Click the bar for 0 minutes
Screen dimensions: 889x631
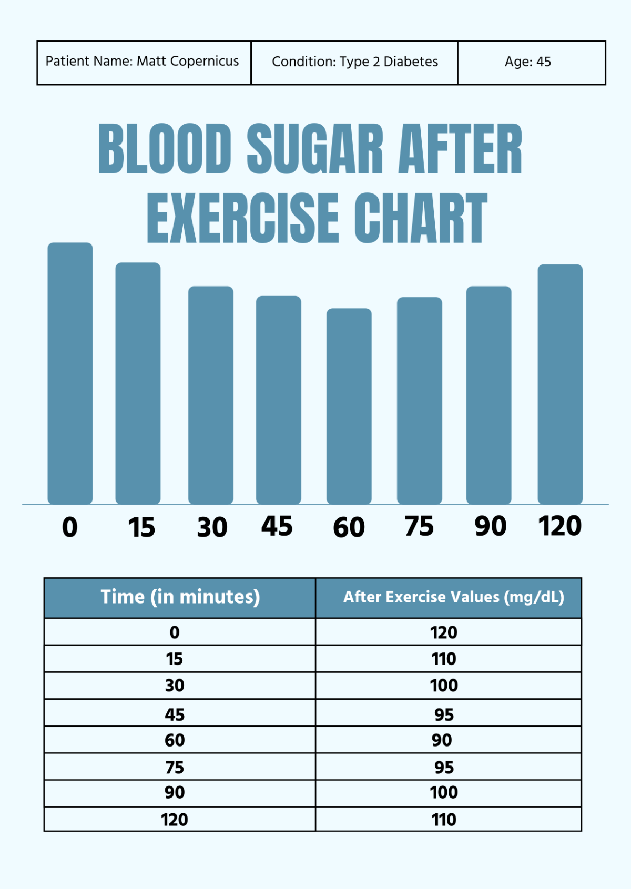tap(70, 373)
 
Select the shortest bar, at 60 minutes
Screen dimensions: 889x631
tap(349, 406)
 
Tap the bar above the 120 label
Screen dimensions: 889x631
tap(560, 384)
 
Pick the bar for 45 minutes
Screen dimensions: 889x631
tap(278, 400)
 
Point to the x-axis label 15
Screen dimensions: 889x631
tap(141, 527)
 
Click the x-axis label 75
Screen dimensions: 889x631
tap(419, 526)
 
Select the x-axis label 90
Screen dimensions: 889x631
tap(490, 526)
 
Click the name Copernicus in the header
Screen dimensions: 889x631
tap(205, 62)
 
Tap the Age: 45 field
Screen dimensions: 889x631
tap(527, 62)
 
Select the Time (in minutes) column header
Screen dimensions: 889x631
tap(180, 597)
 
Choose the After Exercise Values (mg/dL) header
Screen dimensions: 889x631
tap(453, 597)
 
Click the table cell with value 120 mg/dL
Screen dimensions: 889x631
tap(443, 632)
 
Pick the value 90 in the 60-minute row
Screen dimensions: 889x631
tap(442, 740)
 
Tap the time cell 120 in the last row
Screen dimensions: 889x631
tap(174, 820)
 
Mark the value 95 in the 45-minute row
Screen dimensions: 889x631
tap(444, 714)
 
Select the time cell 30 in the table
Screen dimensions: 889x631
tap(175, 686)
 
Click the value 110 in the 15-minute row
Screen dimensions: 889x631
tap(443, 659)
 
